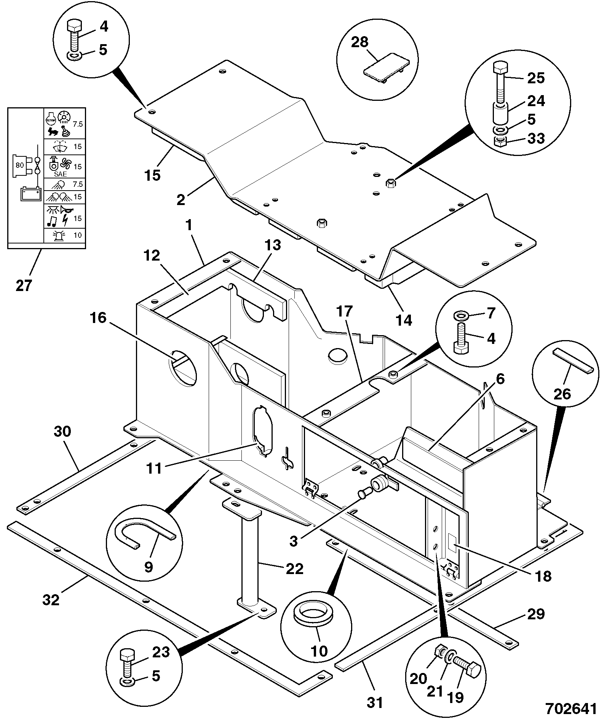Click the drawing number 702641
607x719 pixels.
(571, 708)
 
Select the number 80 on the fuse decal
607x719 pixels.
(19, 165)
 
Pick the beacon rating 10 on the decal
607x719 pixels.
(78, 235)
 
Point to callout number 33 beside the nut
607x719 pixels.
(536, 138)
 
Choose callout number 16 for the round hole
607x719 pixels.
(98, 318)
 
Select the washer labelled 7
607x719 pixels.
(461, 316)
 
